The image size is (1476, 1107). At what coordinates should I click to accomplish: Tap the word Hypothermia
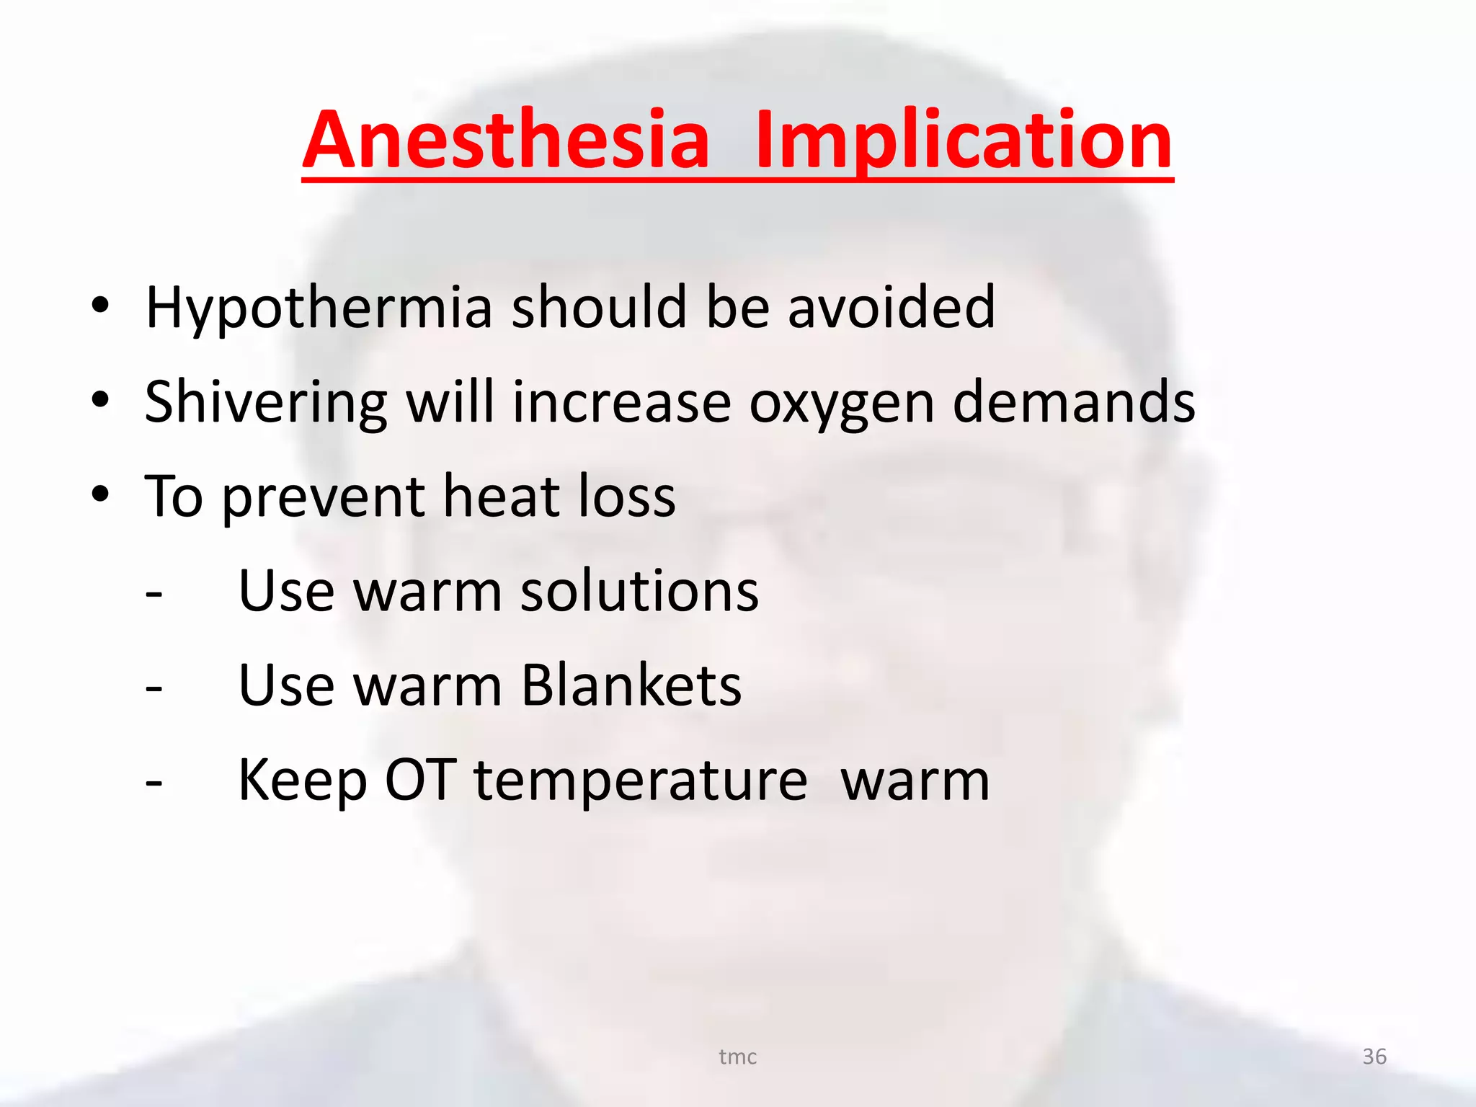click(x=319, y=308)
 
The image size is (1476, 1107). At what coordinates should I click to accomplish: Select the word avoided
click(x=892, y=308)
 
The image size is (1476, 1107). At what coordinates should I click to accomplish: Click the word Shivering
click(x=266, y=402)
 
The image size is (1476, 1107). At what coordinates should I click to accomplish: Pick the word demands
click(x=1074, y=402)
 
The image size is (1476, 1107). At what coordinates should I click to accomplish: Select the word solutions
click(x=639, y=591)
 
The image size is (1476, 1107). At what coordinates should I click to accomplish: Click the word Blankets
click(x=631, y=685)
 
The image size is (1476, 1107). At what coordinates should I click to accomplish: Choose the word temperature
click(x=641, y=781)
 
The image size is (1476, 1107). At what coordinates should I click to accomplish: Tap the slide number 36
click(x=1374, y=1057)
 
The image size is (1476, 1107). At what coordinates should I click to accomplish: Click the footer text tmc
click(x=738, y=1057)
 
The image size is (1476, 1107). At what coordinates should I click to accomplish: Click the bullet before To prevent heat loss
click(x=100, y=494)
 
